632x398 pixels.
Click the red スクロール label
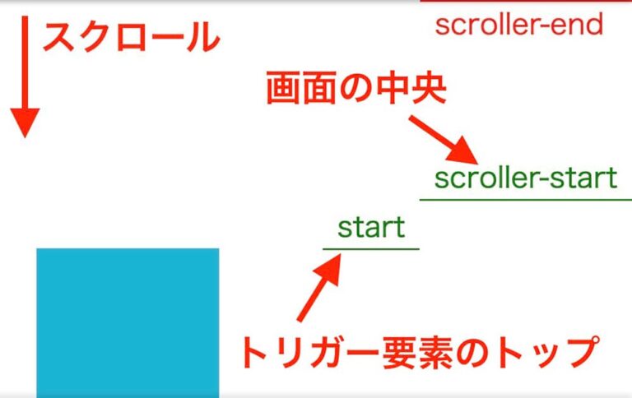tap(131, 38)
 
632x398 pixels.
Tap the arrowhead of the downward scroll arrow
tap(25, 124)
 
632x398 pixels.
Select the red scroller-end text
tap(519, 25)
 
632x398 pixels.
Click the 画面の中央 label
tap(355, 89)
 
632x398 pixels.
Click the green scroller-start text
tap(525, 178)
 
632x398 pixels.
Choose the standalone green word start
tap(371, 227)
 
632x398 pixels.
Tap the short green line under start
tap(371, 248)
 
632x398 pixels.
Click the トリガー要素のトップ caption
tap(416, 352)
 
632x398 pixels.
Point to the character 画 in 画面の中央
tap(283, 89)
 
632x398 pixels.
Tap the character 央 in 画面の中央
tap(428, 89)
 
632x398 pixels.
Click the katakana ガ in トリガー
tap(329, 352)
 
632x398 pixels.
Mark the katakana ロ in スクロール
tap(132, 38)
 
